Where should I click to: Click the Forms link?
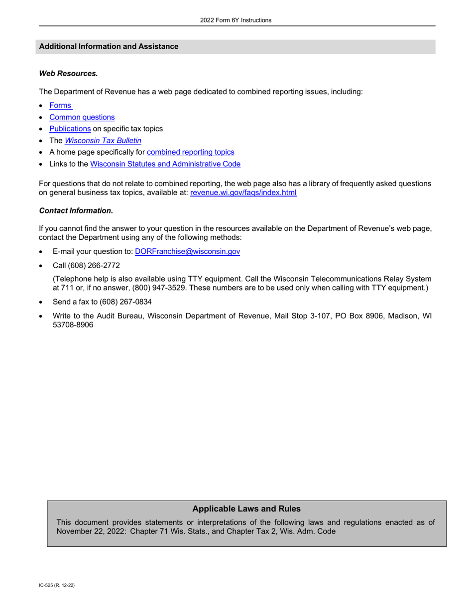[60, 105]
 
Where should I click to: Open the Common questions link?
[82, 117]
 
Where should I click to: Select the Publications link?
[70, 129]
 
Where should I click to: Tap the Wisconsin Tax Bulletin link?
[103, 141]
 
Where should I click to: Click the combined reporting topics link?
[190, 152]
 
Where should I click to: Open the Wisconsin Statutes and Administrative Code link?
[165, 164]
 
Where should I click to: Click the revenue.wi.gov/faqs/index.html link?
[243, 193]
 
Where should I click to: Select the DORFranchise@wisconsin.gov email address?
[187, 252]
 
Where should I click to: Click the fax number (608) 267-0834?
[125, 302]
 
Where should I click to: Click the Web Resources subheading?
[68, 74]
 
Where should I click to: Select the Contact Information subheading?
[76, 211]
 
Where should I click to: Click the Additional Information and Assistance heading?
[109, 47]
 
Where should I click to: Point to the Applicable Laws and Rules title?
[246, 509]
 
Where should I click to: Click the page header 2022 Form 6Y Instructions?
[236, 20]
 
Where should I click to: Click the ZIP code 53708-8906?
[73, 325]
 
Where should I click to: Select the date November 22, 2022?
[90, 531]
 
